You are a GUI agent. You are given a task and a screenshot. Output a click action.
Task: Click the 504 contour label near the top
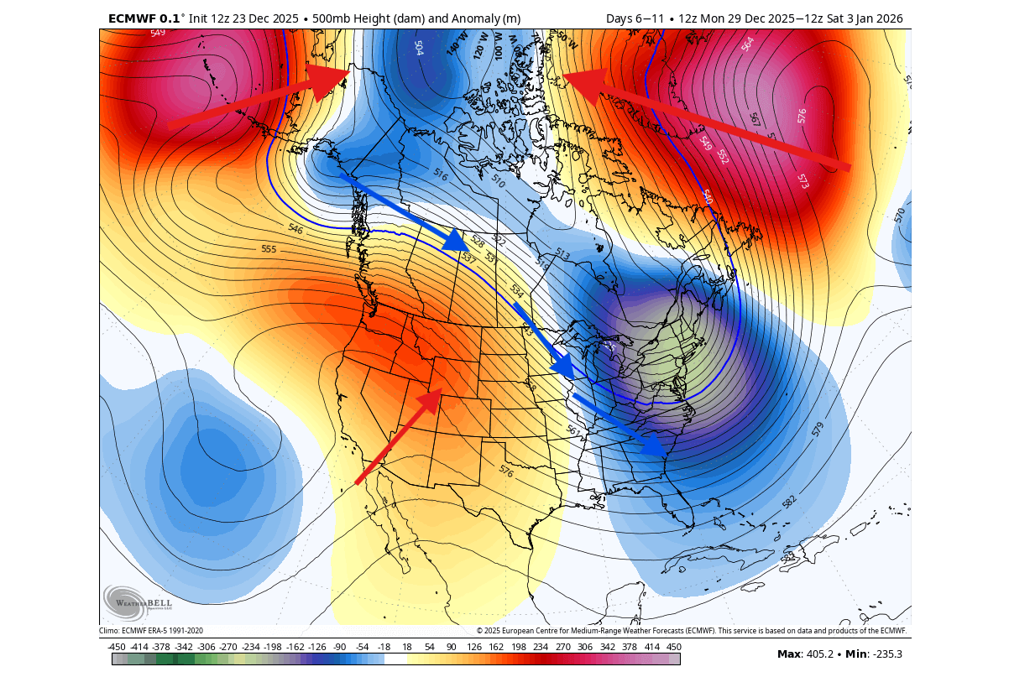click(418, 47)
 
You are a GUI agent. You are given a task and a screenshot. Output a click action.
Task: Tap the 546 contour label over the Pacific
click(295, 228)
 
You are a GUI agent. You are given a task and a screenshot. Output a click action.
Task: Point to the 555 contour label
click(269, 249)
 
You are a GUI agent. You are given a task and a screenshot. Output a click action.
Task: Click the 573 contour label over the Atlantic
click(803, 180)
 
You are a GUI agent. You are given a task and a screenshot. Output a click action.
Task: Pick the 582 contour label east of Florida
click(789, 502)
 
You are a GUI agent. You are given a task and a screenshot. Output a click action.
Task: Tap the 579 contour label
click(817, 430)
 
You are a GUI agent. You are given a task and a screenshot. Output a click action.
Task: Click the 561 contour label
click(573, 431)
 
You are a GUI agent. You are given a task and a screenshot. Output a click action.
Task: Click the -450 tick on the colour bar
click(117, 647)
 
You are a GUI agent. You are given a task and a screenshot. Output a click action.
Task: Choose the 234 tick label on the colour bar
click(540, 647)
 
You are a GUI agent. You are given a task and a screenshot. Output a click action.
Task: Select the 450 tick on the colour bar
click(673, 647)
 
